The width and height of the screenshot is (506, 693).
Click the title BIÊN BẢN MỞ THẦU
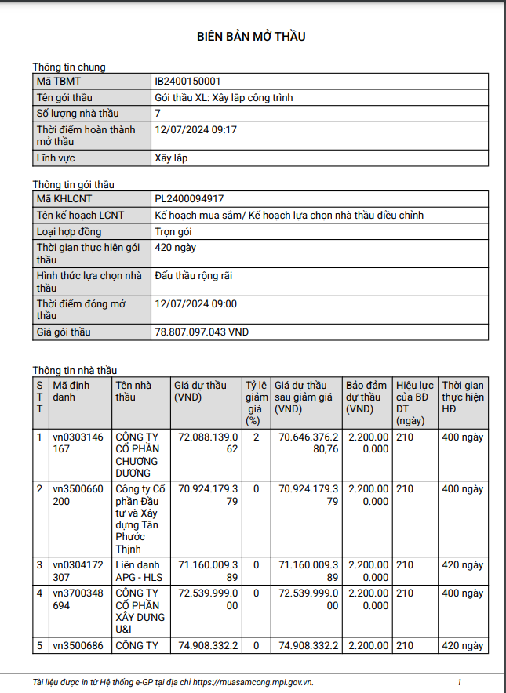tap(251, 37)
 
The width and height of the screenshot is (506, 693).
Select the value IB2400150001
tap(187, 82)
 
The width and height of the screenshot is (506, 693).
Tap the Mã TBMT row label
tap(59, 82)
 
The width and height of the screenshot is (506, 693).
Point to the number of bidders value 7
tap(158, 114)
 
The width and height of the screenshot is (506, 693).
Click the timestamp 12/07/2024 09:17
tap(195, 129)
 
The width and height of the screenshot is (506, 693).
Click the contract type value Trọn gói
tap(173, 232)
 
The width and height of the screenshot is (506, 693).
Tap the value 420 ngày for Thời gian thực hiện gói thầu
tap(176, 248)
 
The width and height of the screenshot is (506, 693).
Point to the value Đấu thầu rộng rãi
tap(194, 276)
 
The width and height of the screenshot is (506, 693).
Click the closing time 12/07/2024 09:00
tap(195, 304)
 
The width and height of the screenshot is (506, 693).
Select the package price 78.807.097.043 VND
tap(202, 332)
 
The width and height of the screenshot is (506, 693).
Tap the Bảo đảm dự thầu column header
tap(367, 397)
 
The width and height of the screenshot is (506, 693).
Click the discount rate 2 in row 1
tap(256, 437)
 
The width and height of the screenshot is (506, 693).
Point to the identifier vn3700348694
tap(78, 600)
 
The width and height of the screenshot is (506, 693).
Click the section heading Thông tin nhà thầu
tap(75, 370)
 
